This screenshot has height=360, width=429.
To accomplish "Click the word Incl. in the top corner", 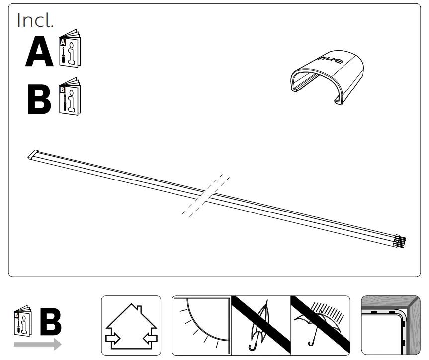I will click(x=35, y=20).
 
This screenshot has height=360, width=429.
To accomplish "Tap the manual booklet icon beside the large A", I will click(x=70, y=51).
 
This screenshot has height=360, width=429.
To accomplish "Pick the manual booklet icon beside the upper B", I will click(x=70, y=96).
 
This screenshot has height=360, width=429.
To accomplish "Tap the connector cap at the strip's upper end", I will click(x=33, y=155).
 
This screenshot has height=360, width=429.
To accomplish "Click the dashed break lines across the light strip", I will click(x=206, y=195).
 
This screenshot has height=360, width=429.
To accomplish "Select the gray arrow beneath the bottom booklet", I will click(x=37, y=344).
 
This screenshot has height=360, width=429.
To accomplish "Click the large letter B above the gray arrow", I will click(x=50, y=322).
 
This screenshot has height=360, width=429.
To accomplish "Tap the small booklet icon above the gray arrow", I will click(x=22, y=322).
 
